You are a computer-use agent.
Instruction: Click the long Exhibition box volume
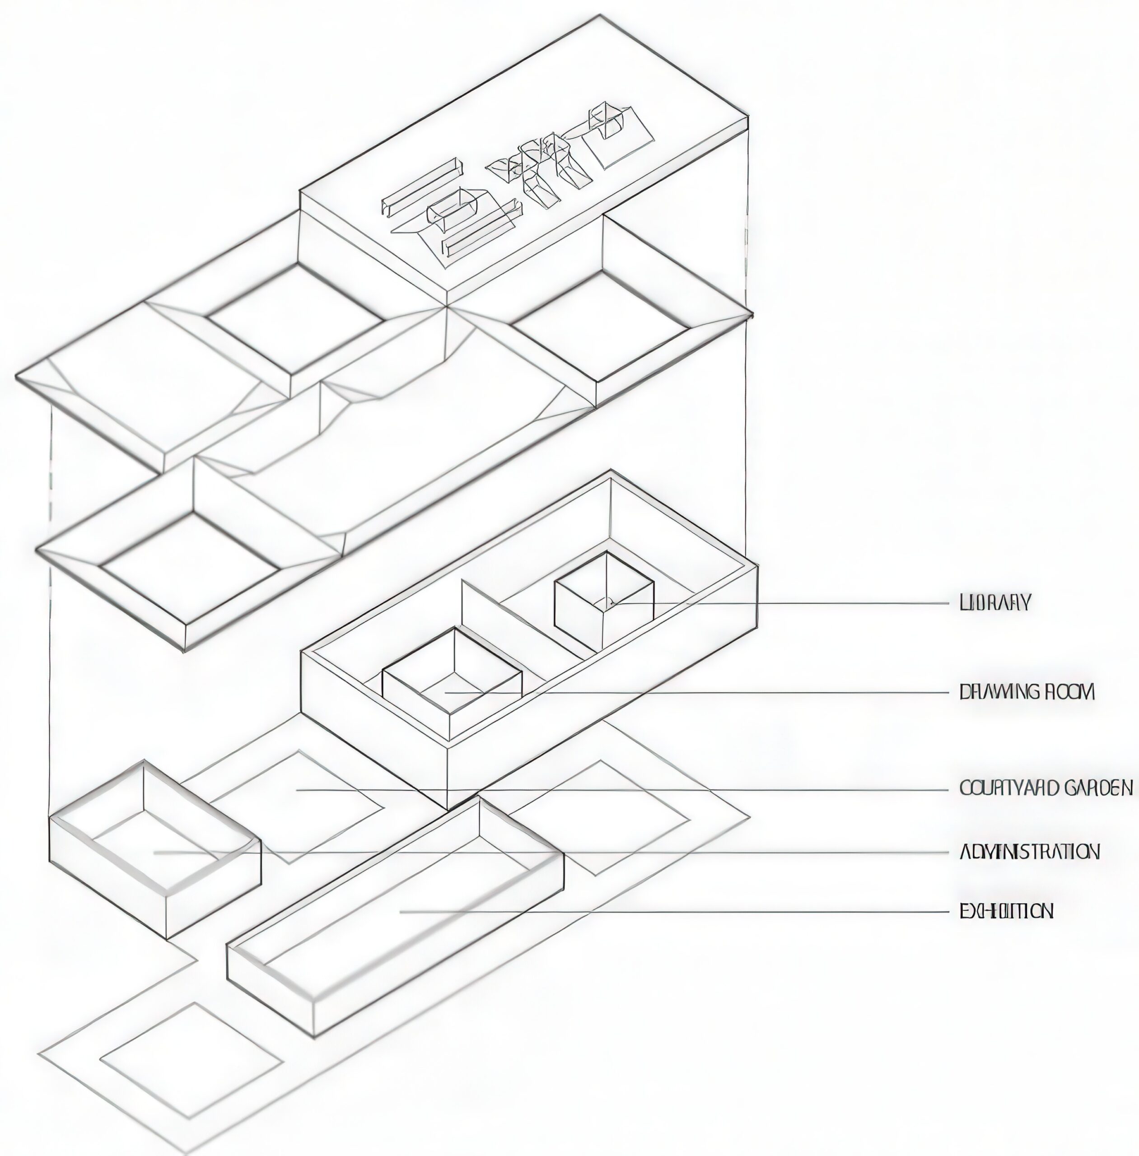tap(395, 915)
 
